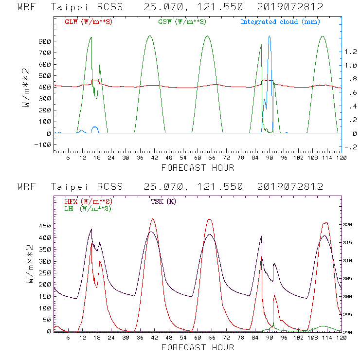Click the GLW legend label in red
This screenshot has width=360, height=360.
coord(88,22)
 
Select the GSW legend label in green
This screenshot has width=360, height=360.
coord(182,22)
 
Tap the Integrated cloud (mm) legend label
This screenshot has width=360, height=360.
coord(280,22)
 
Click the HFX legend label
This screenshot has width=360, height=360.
coord(88,201)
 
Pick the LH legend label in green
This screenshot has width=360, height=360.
coord(88,209)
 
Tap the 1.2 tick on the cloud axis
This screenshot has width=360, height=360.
coord(350,52)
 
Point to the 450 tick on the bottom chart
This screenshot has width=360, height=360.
coord(44,226)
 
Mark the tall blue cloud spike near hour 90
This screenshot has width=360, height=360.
coord(269,39)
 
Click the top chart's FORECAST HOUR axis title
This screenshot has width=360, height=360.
coord(198,168)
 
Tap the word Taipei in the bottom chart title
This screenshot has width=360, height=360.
coord(73,187)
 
